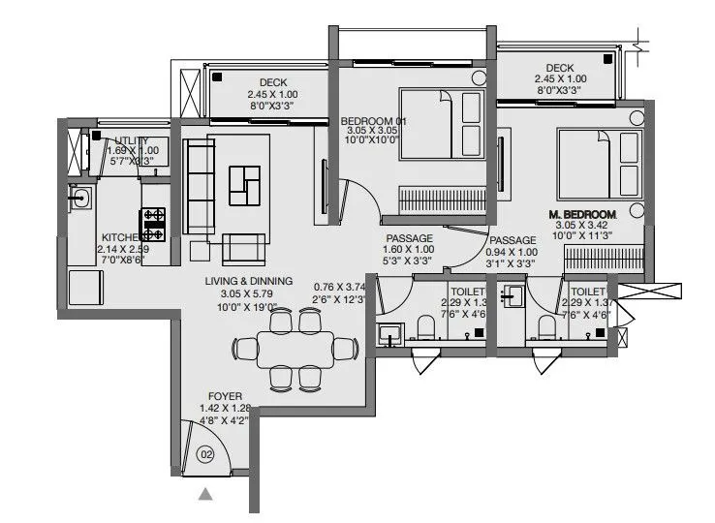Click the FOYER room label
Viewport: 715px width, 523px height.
(x=224, y=396)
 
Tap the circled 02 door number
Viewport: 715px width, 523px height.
(x=205, y=453)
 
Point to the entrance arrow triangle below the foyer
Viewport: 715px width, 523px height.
(x=205, y=495)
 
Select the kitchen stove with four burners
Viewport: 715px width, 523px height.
(x=154, y=223)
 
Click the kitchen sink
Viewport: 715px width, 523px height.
(x=79, y=200)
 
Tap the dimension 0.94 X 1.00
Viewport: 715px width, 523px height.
(x=512, y=252)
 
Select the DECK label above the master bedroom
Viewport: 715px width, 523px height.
(x=559, y=68)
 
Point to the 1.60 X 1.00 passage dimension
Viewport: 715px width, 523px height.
(x=408, y=250)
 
